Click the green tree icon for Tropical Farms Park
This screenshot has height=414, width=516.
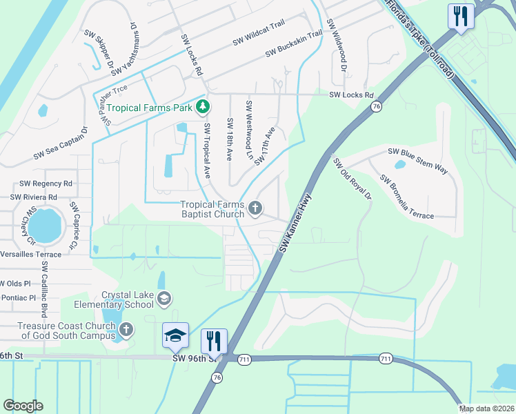coord(203,106)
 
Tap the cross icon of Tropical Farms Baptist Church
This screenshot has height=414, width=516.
coord(255,208)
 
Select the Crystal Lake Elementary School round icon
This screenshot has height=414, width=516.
coord(163,299)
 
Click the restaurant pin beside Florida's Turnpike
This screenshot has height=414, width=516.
coord(460,16)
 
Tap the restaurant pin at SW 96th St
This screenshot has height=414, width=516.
coord(213,341)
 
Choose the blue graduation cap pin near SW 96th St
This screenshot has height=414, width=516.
coord(175,335)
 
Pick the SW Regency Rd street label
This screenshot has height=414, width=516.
coord(46,184)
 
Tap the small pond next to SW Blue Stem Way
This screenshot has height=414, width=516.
coord(399,165)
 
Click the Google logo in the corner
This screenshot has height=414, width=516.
coord(23,406)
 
